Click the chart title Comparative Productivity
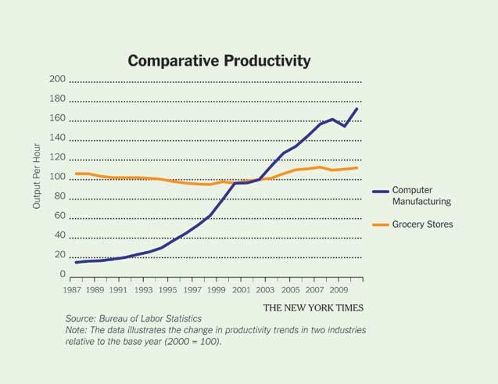(x=219, y=60)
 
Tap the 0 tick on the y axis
(x=61, y=275)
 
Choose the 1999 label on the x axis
(x=217, y=289)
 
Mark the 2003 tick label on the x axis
(x=266, y=289)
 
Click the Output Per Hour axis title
(x=37, y=178)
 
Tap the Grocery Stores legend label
(x=422, y=224)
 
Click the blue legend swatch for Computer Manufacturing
(x=381, y=191)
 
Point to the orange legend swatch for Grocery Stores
(x=381, y=224)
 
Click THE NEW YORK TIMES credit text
(x=313, y=307)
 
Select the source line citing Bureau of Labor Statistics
(x=134, y=319)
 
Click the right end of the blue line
(x=357, y=109)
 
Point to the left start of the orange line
(x=76, y=174)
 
